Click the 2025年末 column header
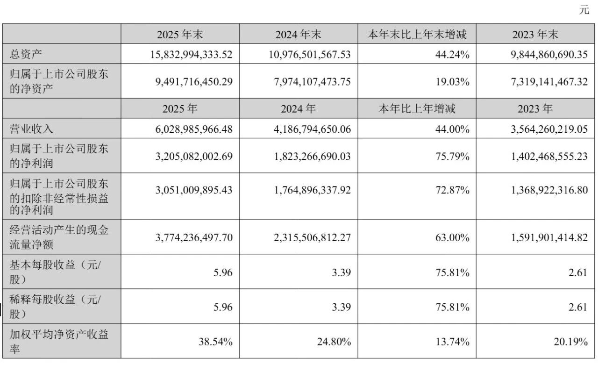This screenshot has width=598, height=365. pos(180,34)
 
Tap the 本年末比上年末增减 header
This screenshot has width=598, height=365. pos(417,34)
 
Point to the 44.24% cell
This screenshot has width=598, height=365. pos(454,55)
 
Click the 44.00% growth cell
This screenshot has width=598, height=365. pos(454,129)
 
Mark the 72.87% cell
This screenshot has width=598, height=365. pos(454,190)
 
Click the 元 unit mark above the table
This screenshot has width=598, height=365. pos(584,10)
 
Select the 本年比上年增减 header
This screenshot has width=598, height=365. pos(417,109)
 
